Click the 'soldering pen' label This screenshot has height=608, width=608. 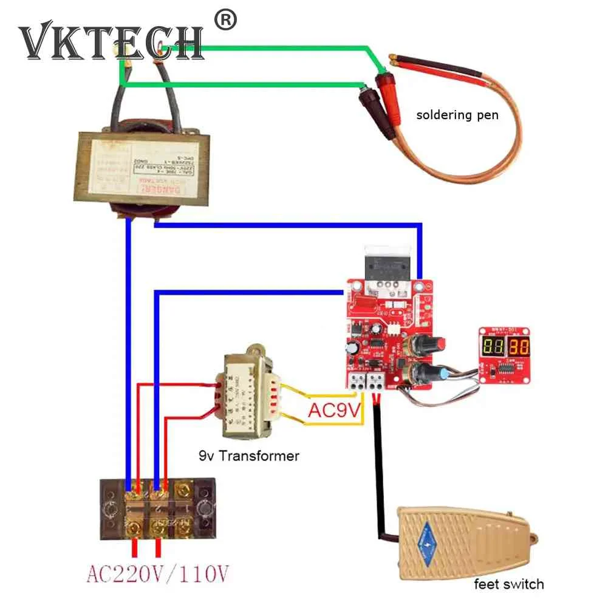coord(457,114)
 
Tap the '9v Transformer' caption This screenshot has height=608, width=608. coord(249,455)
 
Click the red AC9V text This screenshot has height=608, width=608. coord(333,411)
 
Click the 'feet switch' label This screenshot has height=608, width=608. coord(508,584)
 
